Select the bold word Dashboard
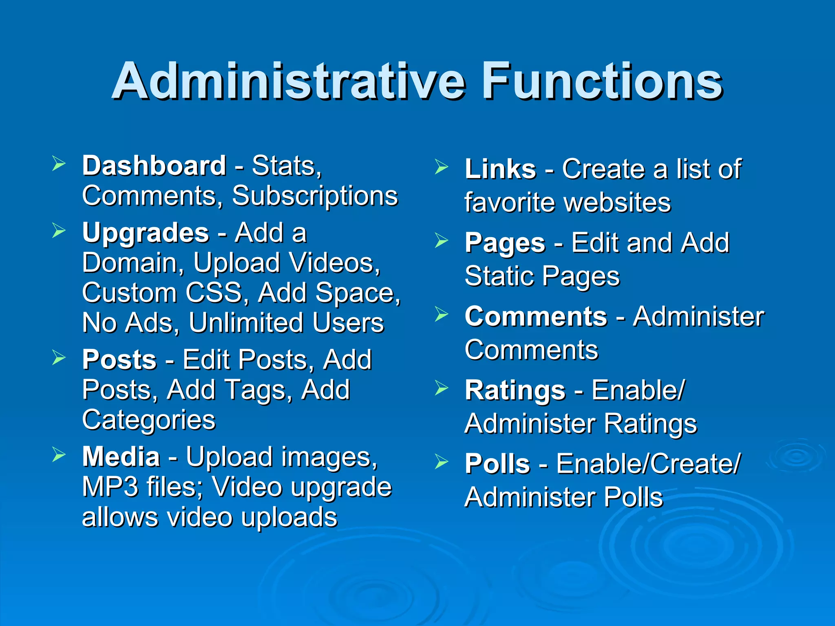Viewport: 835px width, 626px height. (x=154, y=166)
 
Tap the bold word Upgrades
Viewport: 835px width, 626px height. (x=146, y=233)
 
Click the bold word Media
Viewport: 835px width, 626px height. (x=121, y=457)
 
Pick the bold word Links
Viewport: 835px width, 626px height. (x=500, y=169)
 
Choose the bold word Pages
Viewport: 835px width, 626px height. (x=505, y=243)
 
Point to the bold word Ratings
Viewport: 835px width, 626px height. (x=515, y=390)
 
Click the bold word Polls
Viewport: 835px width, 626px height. (x=497, y=464)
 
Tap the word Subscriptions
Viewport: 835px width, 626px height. (x=315, y=196)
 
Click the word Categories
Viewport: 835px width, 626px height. (x=149, y=420)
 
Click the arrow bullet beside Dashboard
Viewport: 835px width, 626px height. (x=59, y=164)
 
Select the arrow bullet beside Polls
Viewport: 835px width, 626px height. (x=441, y=462)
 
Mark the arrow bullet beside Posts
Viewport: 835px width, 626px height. (x=59, y=358)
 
